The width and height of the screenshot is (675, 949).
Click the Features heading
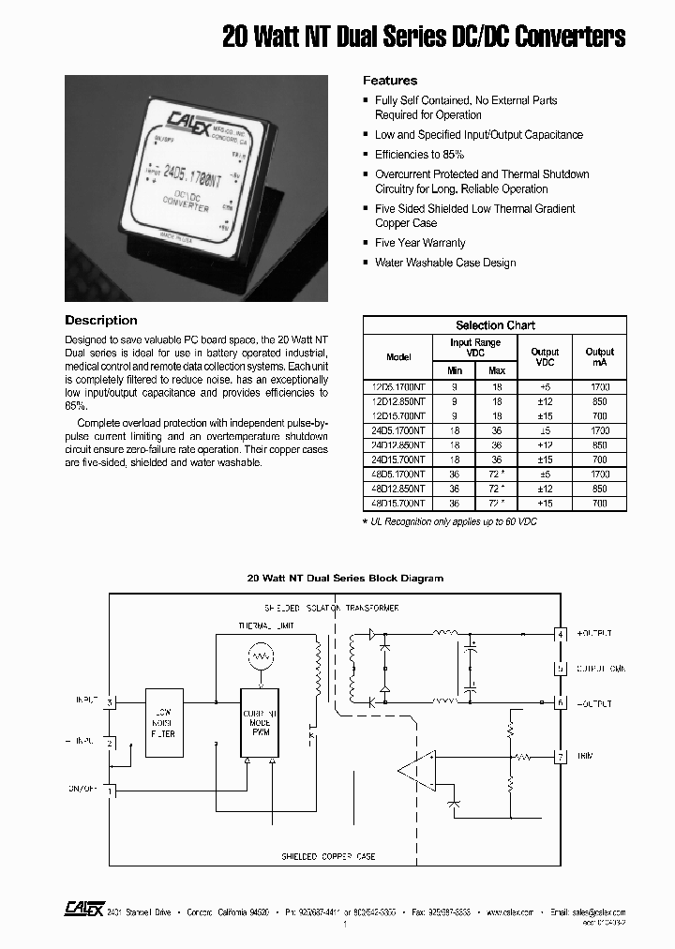point(389,81)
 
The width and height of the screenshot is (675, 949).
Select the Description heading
point(101,320)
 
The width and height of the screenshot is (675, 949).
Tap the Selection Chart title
point(495,325)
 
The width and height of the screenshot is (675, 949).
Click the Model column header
point(398,357)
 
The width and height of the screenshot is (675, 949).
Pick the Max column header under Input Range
point(497,371)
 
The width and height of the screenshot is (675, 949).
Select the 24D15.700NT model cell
point(398,459)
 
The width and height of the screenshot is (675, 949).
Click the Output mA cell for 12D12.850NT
point(600,400)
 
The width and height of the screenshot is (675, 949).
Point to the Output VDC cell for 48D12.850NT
point(545,489)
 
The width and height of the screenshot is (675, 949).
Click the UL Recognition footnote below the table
point(439,519)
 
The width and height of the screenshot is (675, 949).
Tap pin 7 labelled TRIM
point(562,755)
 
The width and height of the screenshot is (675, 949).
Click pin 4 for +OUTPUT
point(562,634)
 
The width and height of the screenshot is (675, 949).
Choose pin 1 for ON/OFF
point(110,791)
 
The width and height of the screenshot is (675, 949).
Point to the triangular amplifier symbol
point(414,770)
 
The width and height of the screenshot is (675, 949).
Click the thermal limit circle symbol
point(262,655)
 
